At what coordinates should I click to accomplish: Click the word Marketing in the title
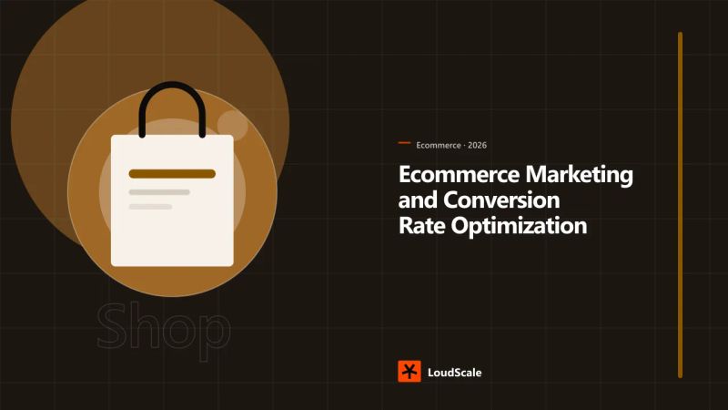tap(579, 176)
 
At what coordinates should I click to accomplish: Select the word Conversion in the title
tap(501, 200)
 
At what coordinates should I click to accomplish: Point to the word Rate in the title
tap(421, 226)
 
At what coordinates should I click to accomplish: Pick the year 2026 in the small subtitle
tap(477, 146)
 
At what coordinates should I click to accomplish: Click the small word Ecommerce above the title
tap(439, 146)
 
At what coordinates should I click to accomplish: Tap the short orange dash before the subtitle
tap(404, 143)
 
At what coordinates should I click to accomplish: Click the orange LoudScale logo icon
tap(409, 372)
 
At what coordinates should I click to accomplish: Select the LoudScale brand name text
tap(454, 373)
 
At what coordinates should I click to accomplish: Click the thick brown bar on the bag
tap(172, 174)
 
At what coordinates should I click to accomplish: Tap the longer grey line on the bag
tap(159, 192)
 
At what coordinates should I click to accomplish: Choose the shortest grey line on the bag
tap(150, 207)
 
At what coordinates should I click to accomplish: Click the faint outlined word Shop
tap(164, 328)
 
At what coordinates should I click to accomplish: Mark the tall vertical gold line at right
tap(680, 205)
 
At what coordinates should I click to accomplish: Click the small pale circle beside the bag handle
tap(233, 126)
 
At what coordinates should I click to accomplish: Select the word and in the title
tap(418, 200)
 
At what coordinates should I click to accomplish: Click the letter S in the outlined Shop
tap(111, 325)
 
